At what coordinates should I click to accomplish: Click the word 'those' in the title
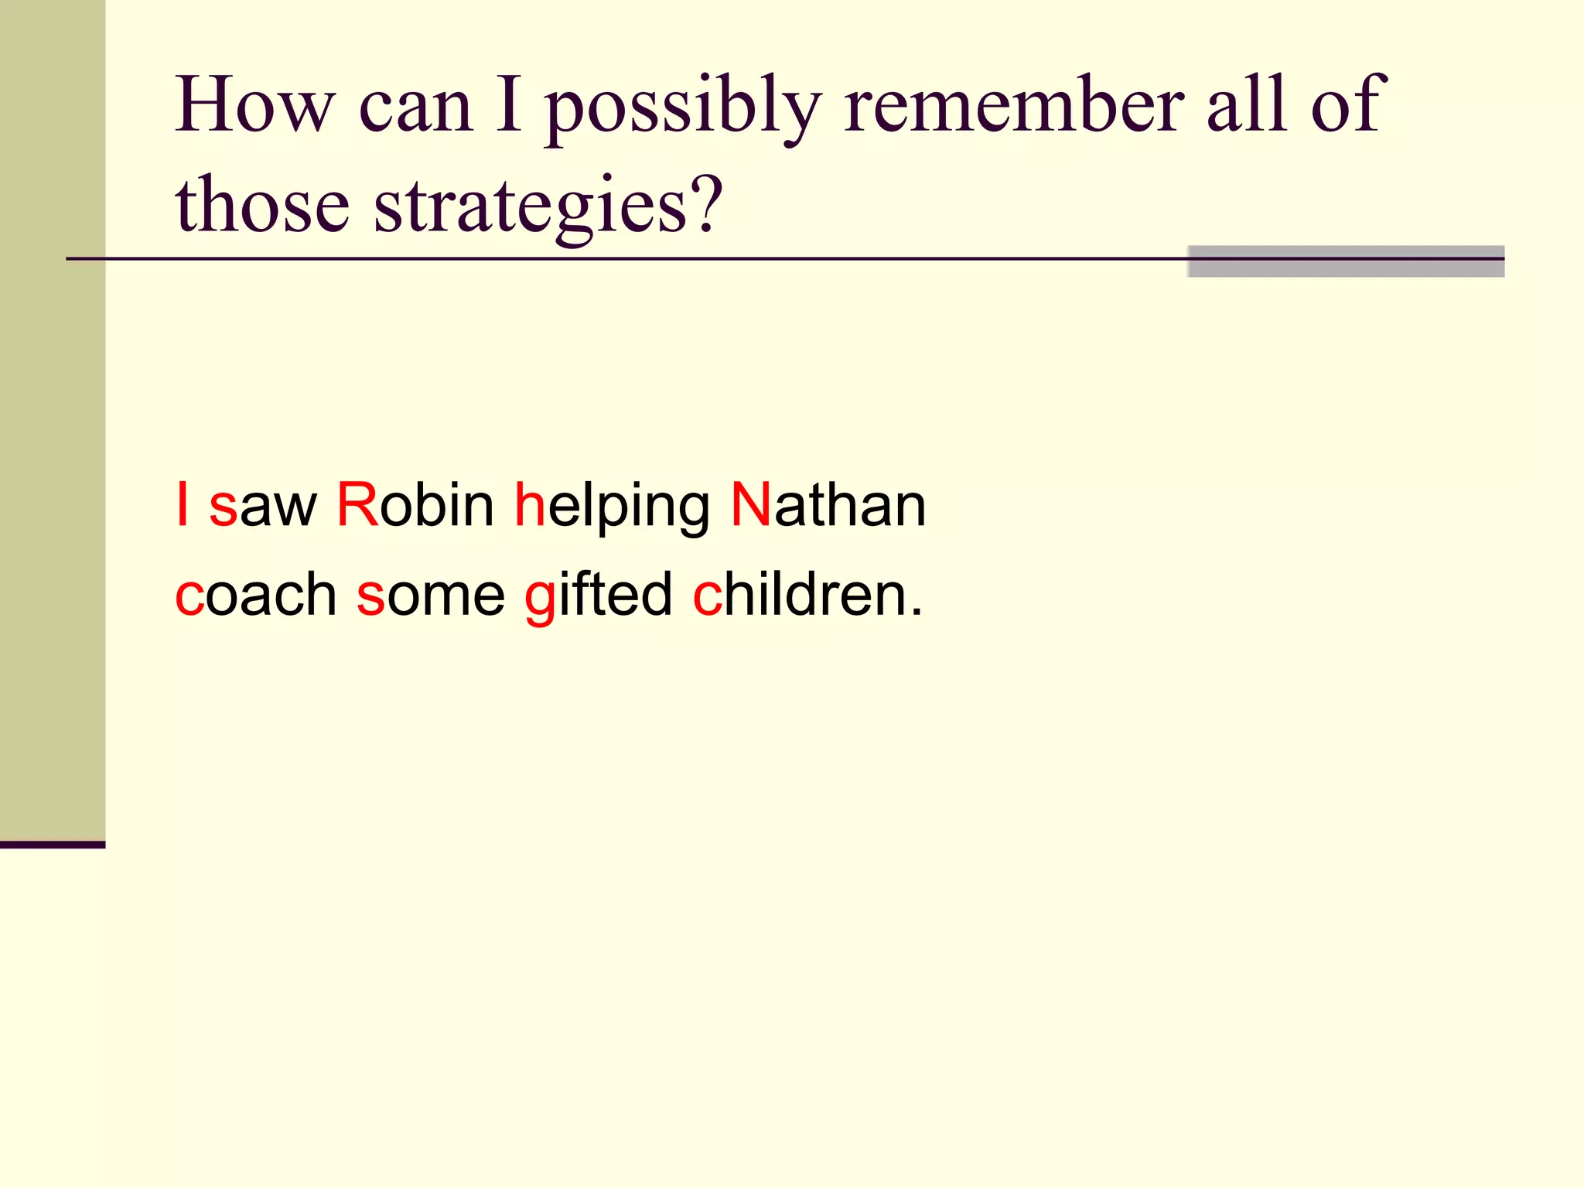pyautogui.click(x=262, y=205)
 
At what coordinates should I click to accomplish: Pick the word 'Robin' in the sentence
pyautogui.click(x=415, y=506)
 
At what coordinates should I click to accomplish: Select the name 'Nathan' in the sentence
pyautogui.click(x=828, y=506)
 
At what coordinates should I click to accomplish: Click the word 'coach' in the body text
pyautogui.click(x=256, y=595)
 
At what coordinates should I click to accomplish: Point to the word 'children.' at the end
pyautogui.click(x=807, y=595)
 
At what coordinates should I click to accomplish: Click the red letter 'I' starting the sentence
pyautogui.click(x=183, y=505)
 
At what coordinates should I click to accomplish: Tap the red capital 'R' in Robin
pyautogui.click(x=357, y=505)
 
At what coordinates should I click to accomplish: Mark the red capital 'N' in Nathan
pyautogui.click(x=750, y=505)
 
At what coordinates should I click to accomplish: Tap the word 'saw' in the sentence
pyautogui.click(x=263, y=509)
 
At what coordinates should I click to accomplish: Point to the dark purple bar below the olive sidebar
pyautogui.click(x=53, y=845)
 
